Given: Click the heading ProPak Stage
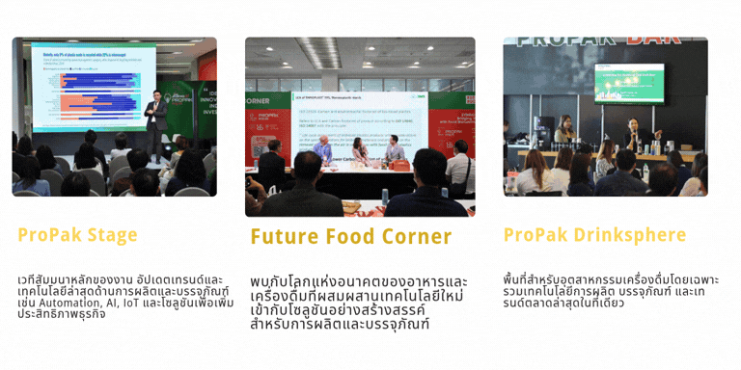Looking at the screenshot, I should click(77, 235).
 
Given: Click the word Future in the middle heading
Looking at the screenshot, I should click(284, 237).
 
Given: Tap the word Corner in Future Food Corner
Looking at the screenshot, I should click(414, 237).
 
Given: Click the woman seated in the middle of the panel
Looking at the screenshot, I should click(360, 151).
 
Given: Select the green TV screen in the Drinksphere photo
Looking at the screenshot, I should click(628, 81).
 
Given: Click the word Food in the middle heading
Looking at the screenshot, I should click(350, 237).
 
